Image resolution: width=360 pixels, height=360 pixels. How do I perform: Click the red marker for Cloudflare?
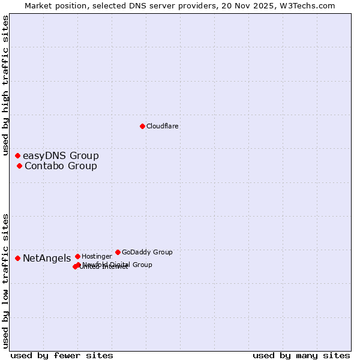coord(142,126)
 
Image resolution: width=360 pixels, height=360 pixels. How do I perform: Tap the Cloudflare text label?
coord(163,126)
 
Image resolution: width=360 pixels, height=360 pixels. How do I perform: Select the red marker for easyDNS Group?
coord(17,156)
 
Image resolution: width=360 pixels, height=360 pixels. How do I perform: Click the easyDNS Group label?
coord(61,156)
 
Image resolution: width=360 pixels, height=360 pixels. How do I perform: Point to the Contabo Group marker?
coord(19,166)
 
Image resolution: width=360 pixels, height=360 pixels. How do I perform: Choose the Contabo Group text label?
coord(61,166)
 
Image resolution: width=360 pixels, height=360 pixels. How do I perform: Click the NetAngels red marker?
coord(17,258)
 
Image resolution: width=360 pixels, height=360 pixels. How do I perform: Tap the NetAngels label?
coord(47,259)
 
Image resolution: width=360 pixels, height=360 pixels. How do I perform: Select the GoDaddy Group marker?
coord(118,252)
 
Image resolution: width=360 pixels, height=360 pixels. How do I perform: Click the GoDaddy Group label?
coord(147,252)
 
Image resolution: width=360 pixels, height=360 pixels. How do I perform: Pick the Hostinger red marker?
coord(77,256)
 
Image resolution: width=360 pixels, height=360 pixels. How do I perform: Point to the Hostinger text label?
coord(97,256)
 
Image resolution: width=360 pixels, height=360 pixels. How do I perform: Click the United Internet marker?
coord(75,266)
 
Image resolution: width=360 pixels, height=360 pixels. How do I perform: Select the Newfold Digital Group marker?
coord(79,265)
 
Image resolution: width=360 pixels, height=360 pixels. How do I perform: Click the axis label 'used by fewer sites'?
coord(62,355)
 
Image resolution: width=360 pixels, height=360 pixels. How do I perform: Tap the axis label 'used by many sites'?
coord(301,355)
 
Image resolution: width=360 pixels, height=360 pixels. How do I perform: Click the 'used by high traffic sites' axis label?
coord(5,86)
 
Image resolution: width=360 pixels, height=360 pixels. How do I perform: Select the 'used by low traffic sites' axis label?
coord(5,281)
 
